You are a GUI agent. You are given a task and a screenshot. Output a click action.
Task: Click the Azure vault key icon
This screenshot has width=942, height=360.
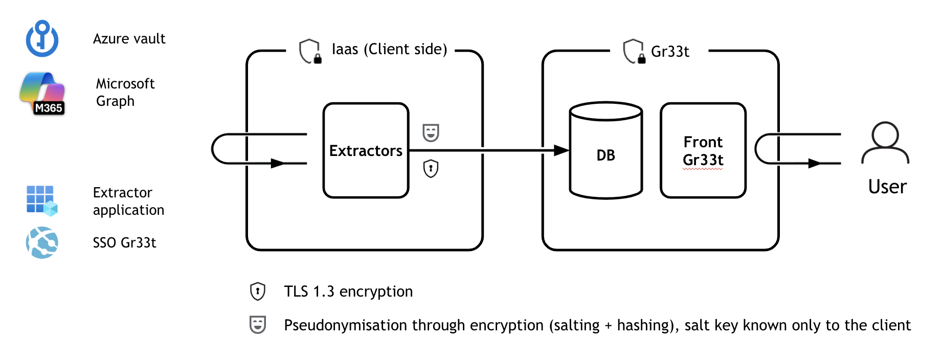pyautogui.click(x=42, y=39)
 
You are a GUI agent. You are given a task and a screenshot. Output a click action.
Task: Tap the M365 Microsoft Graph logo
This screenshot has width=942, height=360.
pyautogui.click(x=42, y=93)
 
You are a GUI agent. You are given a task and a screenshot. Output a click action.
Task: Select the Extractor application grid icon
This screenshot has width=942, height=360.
pyautogui.click(x=41, y=200)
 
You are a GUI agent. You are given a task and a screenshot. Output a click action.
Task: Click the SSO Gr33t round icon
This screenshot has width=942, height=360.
pyautogui.click(x=42, y=242)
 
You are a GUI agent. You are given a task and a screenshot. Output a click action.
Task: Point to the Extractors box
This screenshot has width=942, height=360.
pyautogui.click(x=366, y=150)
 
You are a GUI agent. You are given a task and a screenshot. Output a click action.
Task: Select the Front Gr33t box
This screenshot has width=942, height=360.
pyautogui.click(x=703, y=150)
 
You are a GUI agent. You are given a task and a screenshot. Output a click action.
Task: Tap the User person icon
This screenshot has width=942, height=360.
pyautogui.click(x=885, y=143)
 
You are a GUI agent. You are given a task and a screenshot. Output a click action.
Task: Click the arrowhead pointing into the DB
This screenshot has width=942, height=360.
pyautogui.click(x=561, y=150)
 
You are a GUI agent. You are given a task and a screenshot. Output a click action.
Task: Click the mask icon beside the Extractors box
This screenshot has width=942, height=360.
pyautogui.click(x=431, y=132)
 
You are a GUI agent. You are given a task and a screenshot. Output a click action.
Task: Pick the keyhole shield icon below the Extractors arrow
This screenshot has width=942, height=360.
pyautogui.click(x=431, y=168)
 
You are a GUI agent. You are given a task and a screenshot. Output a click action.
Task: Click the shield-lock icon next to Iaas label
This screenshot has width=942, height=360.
pyautogui.click(x=310, y=51)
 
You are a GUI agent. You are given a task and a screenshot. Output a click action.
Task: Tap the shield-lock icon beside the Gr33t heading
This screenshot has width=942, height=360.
pyautogui.click(x=634, y=51)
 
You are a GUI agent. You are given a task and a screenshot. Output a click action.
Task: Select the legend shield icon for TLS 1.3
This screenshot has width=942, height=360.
pyautogui.click(x=257, y=291)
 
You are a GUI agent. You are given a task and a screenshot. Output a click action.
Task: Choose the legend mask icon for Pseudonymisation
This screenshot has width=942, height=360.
pyautogui.click(x=257, y=325)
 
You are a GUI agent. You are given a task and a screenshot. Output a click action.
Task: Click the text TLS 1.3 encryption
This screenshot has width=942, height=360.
pyautogui.click(x=348, y=291)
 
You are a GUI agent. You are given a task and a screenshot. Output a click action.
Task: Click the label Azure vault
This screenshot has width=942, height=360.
pyautogui.click(x=129, y=39)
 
